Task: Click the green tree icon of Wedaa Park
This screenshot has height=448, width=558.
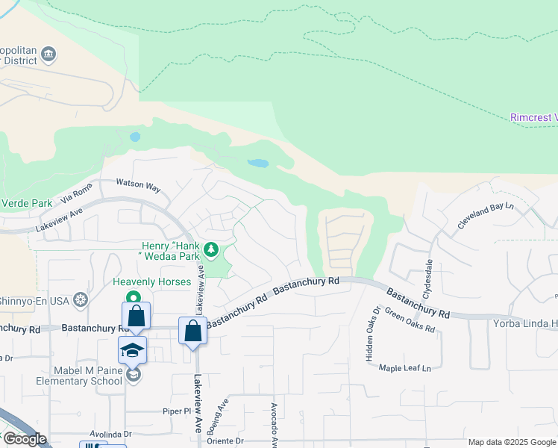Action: (211, 249)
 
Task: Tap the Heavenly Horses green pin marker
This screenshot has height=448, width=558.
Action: (134, 297)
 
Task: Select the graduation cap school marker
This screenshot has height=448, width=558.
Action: (132, 350)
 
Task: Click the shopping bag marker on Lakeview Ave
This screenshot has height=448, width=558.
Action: (193, 330)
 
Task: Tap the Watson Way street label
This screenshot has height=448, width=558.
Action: (138, 185)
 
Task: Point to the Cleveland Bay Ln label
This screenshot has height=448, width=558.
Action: (486, 215)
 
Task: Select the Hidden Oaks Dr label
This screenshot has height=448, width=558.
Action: (373, 334)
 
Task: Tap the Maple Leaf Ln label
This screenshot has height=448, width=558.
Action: (405, 368)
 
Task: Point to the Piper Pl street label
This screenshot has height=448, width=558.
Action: (178, 411)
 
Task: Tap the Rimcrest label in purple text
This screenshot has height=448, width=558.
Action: (534, 118)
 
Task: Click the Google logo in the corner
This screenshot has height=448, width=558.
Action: (24, 439)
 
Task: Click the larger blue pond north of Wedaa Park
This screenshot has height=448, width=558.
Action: (257, 163)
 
